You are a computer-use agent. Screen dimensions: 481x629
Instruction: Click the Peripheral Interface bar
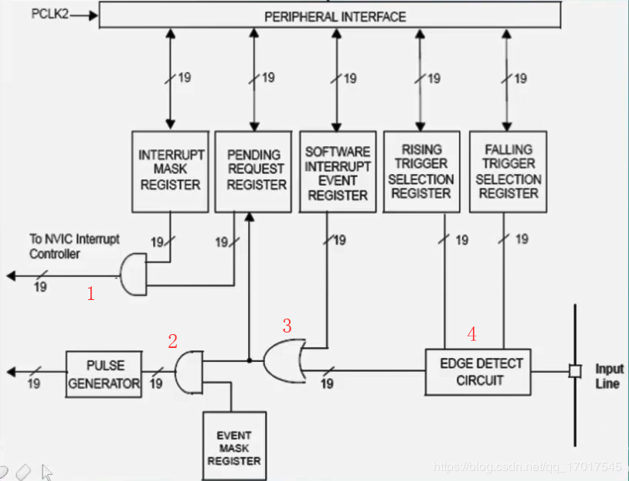(335, 15)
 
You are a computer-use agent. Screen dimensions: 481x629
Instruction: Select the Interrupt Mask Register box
(170, 170)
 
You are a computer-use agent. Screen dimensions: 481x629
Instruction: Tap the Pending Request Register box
(256, 170)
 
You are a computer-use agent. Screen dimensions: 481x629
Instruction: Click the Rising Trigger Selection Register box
(421, 171)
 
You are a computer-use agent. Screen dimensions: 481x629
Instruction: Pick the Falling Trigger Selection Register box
(508, 171)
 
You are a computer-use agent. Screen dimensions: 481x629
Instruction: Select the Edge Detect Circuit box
(478, 371)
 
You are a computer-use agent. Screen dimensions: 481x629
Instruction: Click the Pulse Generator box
(104, 374)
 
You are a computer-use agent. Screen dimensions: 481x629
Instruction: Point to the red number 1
(90, 293)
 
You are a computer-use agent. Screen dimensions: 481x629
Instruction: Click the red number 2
(173, 340)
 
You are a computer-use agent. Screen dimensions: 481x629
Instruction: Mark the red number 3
(287, 326)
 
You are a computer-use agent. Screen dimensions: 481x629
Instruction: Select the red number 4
(471, 334)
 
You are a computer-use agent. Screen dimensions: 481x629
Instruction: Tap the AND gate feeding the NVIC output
(134, 275)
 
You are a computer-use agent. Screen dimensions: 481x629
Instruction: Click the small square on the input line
(574, 371)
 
